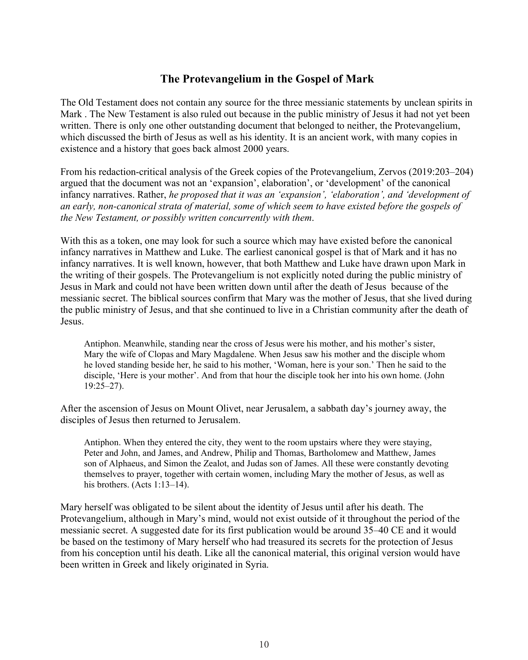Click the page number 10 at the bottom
coord(264,644)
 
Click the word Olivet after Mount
coord(232,409)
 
